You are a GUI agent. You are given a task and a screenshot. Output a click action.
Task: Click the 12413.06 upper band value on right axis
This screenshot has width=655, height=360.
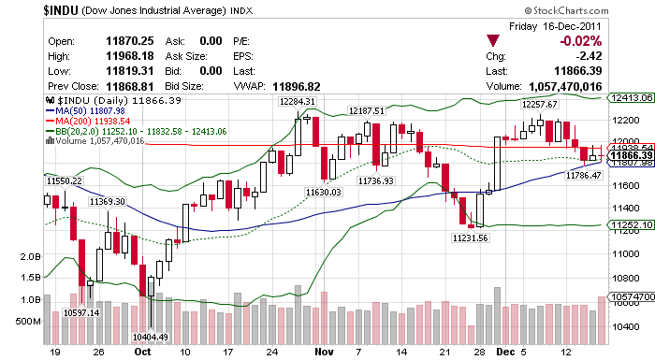[x=629, y=96]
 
